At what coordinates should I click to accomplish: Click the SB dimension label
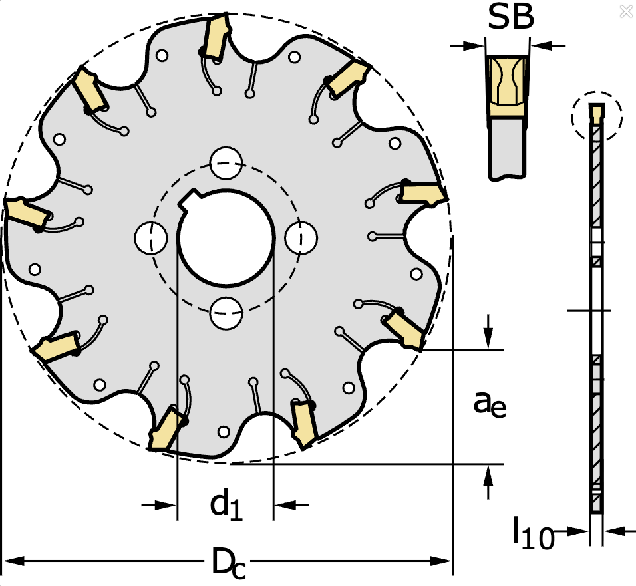pyautogui.click(x=510, y=17)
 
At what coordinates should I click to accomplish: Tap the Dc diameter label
pyautogui.click(x=228, y=563)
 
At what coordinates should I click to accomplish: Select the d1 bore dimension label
pyautogui.click(x=226, y=506)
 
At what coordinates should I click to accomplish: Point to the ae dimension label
pyautogui.click(x=489, y=404)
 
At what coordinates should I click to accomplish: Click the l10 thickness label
pyautogui.click(x=534, y=533)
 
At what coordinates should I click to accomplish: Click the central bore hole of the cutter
pyautogui.click(x=226, y=238)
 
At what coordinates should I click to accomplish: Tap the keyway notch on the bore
pyautogui.click(x=190, y=200)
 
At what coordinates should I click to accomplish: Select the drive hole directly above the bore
pyautogui.click(x=226, y=163)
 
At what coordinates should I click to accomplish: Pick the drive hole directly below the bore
pyautogui.click(x=226, y=313)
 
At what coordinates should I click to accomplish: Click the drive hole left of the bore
pyautogui.click(x=151, y=238)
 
